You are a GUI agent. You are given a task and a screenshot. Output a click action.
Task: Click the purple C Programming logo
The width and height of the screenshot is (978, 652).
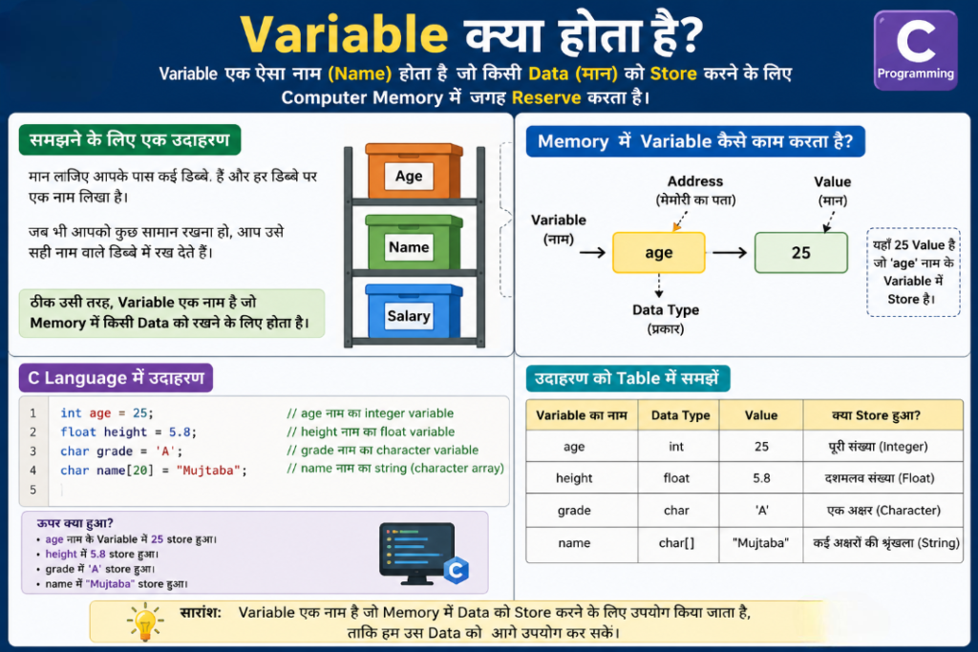point(915,50)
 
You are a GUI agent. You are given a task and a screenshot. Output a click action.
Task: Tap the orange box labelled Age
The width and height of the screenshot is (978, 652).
point(414,171)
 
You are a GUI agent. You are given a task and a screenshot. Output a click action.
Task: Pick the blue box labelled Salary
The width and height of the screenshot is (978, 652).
point(414,311)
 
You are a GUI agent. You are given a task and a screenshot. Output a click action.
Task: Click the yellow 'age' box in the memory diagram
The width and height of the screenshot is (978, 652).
point(659,252)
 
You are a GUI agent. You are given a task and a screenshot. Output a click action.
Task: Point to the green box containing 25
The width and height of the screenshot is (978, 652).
point(801,252)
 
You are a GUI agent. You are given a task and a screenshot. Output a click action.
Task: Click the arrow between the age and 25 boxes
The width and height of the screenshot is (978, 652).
point(730,252)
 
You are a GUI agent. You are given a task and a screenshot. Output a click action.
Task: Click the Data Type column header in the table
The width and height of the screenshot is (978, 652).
point(680,415)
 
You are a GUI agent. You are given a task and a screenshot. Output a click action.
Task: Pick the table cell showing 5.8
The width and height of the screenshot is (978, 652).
point(761,478)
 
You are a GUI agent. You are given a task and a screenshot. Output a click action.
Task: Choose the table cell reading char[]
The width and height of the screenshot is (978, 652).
point(676,543)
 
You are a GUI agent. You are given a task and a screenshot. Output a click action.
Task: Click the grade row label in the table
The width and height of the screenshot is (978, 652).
point(574,511)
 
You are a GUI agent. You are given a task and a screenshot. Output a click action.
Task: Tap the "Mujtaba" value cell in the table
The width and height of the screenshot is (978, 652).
point(760,543)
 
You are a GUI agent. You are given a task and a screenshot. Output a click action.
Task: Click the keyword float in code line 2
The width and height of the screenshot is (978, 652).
point(78,432)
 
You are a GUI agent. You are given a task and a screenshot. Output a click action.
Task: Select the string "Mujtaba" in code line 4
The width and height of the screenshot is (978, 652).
point(208,471)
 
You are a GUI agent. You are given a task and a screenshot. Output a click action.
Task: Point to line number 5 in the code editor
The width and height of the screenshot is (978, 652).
point(33,490)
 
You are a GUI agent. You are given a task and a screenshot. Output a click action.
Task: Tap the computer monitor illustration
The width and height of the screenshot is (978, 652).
point(416,553)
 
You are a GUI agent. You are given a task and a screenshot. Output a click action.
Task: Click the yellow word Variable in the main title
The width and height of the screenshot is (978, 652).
point(344,34)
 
